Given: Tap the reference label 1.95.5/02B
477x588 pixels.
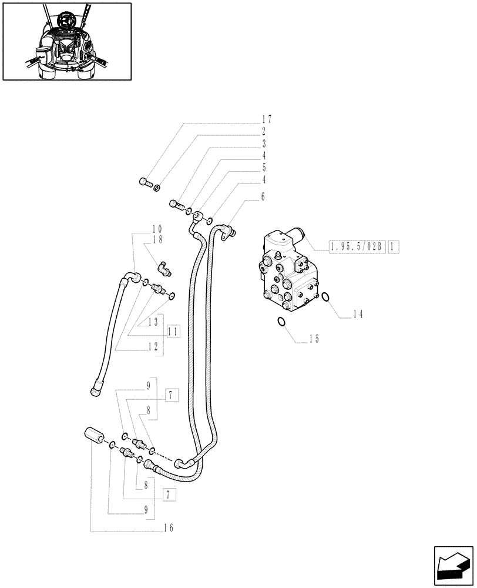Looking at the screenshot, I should [357, 247].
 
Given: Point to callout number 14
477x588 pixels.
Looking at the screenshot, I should [358, 315].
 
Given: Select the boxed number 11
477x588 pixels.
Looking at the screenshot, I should [173, 332].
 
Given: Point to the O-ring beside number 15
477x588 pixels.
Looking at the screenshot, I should [282, 321].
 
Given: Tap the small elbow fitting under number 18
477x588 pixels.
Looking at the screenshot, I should [165, 269].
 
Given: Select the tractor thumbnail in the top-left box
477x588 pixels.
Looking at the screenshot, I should [67, 41].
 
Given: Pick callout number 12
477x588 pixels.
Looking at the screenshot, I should [154, 348].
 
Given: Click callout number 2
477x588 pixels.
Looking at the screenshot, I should [264, 132].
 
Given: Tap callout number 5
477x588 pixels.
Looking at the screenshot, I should [264, 168].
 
